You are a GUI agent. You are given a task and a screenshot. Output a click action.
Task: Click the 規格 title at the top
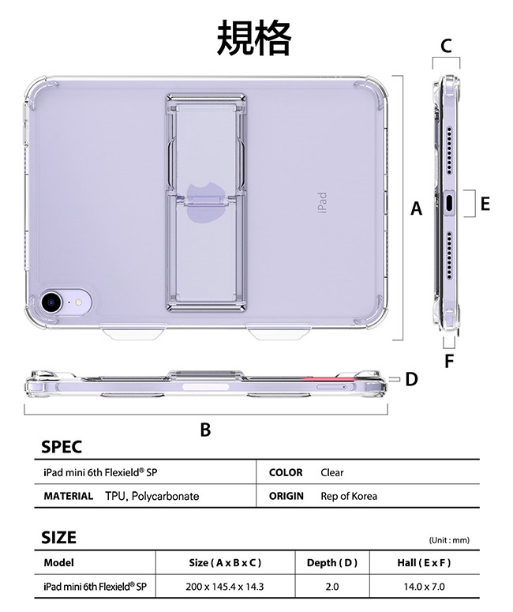254,38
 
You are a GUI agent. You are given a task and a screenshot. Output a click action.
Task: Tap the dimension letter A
416,208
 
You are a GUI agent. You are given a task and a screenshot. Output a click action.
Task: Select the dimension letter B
205,430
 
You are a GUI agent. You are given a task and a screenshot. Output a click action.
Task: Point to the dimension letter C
446,46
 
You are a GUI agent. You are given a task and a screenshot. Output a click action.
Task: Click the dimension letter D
411,379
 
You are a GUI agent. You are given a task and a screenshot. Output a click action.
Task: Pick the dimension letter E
485,204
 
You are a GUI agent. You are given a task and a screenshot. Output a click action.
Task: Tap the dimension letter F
449,361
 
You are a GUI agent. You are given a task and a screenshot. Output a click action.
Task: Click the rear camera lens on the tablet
51,301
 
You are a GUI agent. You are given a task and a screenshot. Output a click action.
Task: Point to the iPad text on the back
322,203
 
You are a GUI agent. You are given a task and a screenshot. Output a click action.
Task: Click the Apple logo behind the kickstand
204,201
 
